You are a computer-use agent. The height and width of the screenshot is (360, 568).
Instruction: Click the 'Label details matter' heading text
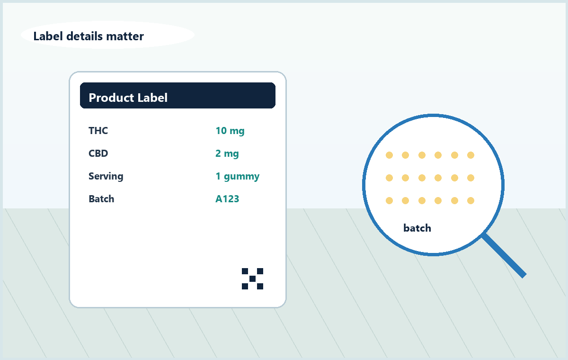pos(89,36)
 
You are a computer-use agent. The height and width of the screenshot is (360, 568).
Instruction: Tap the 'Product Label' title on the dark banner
pos(128,98)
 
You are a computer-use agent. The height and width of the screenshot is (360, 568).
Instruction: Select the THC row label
pos(98,131)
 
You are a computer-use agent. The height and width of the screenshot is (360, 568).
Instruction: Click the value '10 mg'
pos(230,131)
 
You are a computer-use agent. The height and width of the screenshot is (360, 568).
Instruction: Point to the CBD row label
pos(98,153)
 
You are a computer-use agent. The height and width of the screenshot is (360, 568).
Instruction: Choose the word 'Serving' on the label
pos(106,176)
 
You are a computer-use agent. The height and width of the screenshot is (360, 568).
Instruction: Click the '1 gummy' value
pos(238,176)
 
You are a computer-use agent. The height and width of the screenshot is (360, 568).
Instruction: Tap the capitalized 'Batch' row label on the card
pos(101,199)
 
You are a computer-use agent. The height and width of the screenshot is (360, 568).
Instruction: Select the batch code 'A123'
pos(227,199)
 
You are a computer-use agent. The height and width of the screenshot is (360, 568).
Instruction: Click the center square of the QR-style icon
pos(253,279)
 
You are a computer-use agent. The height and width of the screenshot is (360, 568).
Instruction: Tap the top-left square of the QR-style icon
pos(245,271)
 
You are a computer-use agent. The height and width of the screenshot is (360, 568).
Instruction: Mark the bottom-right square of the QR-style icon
pos(260,287)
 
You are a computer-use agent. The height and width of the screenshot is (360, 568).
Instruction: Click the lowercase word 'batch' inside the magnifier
pos(417,228)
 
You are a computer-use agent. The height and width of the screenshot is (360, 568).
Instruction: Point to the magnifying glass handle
pos(504,255)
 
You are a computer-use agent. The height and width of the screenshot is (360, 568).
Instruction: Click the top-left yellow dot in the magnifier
pos(389,155)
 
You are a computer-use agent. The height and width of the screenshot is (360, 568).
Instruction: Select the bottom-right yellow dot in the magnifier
pos(470,201)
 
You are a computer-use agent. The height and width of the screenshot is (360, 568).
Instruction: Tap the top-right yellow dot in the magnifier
pos(470,155)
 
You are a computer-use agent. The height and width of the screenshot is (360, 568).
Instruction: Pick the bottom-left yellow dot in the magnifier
pos(389,201)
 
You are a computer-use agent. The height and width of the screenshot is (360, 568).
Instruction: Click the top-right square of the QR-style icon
pos(260,271)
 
